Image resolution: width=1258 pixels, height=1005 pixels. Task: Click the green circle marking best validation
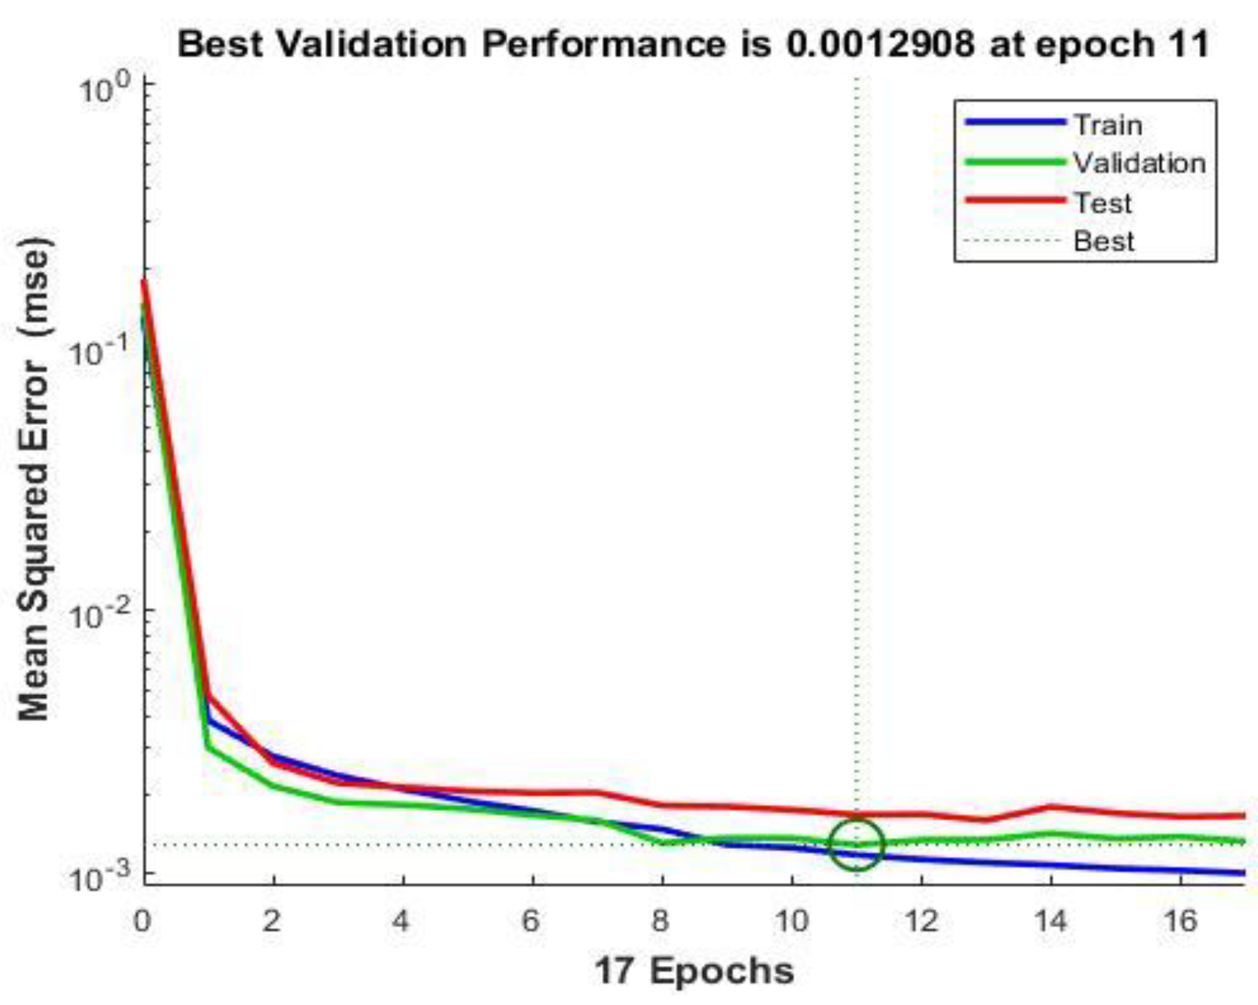(x=857, y=844)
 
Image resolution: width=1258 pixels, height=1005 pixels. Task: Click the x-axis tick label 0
(x=143, y=921)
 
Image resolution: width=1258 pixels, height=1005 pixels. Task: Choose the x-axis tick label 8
(x=661, y=921)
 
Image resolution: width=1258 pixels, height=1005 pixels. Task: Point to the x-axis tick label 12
(x=921, y=921)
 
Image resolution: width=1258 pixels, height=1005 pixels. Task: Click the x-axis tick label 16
(x=1180, y=921)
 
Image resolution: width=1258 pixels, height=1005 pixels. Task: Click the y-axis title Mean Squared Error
(x=34, y=478)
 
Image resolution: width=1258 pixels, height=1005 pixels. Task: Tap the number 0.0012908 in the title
(x=879, y=45)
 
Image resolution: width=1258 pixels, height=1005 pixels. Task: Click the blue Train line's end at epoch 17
(x=1244, y=873)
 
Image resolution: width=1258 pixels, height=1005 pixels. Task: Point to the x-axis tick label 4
(x=401, y=921)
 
